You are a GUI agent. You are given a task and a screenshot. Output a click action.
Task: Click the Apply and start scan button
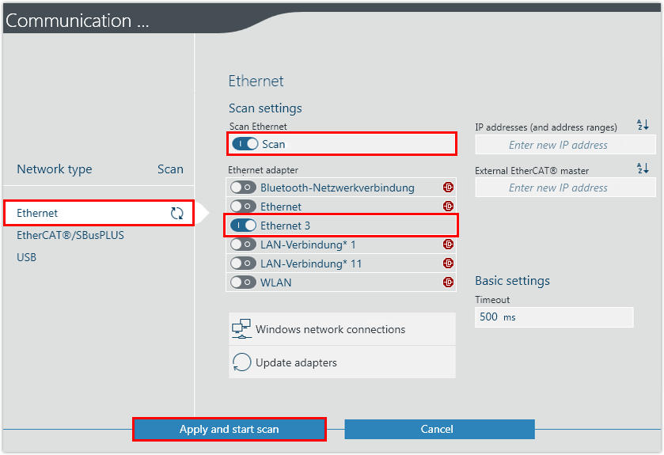229,429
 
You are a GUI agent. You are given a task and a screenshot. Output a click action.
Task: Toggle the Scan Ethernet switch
245,144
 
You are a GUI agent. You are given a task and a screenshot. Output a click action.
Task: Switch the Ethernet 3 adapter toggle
244,226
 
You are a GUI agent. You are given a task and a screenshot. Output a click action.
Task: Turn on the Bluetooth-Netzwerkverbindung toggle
243,188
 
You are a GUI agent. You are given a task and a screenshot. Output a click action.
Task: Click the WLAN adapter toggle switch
243,282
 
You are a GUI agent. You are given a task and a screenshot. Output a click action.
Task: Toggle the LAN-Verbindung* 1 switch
243,245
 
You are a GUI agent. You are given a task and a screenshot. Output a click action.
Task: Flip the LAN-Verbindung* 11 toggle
243,264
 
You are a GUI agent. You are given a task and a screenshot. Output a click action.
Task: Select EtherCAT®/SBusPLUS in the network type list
70,235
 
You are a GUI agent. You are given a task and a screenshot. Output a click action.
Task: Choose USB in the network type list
27,257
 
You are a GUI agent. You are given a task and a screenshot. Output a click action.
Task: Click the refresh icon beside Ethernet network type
176,213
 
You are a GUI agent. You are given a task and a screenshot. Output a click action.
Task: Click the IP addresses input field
565,145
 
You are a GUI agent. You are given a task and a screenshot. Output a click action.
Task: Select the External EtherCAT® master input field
565,188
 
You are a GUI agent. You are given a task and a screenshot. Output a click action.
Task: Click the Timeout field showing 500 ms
554,317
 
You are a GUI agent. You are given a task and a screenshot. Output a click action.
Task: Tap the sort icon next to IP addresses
642,125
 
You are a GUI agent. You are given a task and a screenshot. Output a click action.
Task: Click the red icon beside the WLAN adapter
448,282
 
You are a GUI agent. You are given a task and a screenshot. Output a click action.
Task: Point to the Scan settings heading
265,108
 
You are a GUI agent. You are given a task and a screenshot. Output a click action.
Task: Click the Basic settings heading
512,281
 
